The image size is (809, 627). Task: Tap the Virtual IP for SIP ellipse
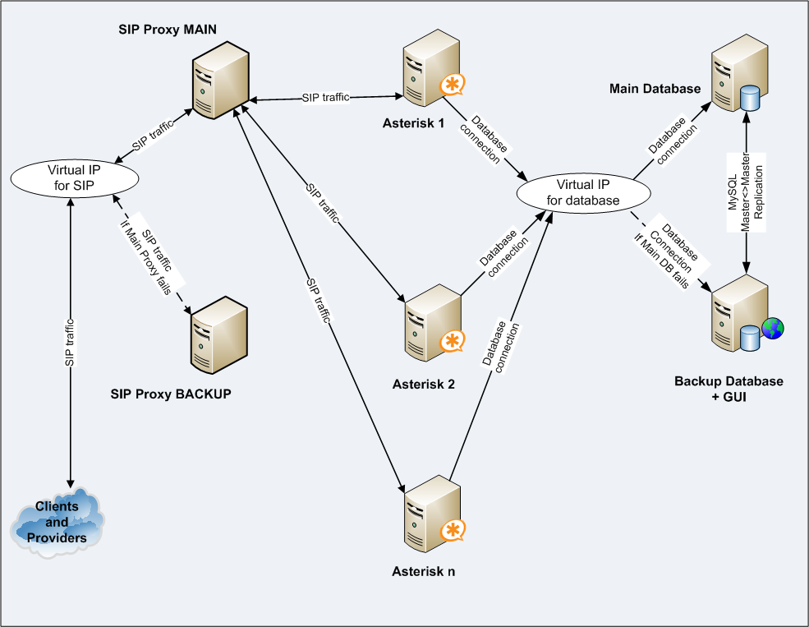pos(71,177)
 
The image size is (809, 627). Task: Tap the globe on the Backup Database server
pos(773,327)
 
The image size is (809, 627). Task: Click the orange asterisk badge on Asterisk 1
pos(451,85)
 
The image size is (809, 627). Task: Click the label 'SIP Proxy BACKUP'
pos(171,394)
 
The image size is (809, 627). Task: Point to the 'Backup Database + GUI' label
pos(729,389)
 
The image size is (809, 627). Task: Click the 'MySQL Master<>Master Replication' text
pos(745,194)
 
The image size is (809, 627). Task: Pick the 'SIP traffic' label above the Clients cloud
pos(71,340)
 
